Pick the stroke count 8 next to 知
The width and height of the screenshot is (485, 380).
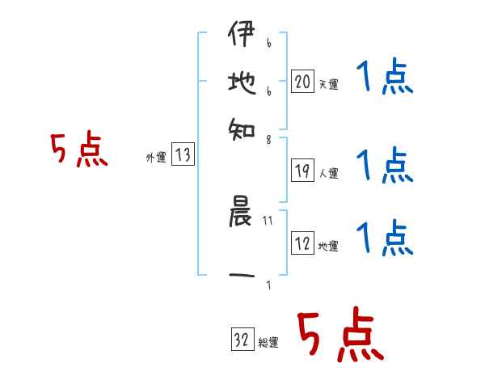(x=268, y=139)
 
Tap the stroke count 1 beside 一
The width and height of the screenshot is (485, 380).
(x=268, y=285)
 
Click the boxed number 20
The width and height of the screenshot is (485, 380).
(x=302, y=81)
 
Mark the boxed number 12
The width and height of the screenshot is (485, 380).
(x=302, y=243)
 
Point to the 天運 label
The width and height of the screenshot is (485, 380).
(x=328, y=84)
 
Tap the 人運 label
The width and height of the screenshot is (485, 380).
(x=328, y=172)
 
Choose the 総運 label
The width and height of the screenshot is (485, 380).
(x=268, y=343)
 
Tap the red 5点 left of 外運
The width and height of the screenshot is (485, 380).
(x=79, y=151)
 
